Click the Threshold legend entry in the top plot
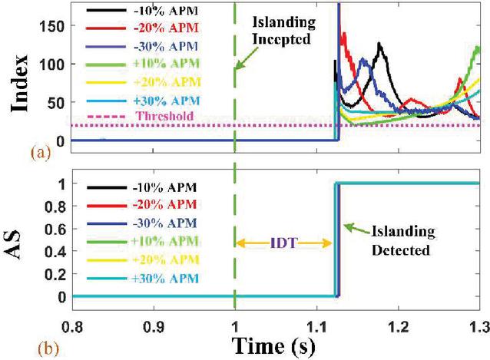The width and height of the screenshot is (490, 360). point(140,116)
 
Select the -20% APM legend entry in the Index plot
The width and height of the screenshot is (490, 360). point(143,28)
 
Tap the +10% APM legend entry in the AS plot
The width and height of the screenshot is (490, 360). point(143,242)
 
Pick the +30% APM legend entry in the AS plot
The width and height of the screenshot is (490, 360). point(143,278)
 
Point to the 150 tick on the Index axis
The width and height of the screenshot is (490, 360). point(52,26)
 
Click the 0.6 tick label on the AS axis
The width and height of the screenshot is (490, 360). point(55,230)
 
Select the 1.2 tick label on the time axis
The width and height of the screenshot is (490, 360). point(399,326)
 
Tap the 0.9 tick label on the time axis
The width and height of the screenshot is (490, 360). point(154,326)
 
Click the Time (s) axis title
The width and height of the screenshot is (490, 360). point(273,346)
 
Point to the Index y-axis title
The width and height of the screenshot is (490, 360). point(19,84)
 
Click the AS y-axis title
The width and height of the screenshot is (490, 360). point(13,245)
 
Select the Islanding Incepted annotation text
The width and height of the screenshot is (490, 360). point(283,31)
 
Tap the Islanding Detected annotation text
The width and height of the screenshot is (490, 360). point(402,241)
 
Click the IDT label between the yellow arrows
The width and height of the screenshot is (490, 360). point(283,243)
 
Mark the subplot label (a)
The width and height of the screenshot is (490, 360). point(41,153)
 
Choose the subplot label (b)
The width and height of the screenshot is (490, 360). point(48,349)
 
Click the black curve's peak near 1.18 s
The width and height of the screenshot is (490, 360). point(379,43)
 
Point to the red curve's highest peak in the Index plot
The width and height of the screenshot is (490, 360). point(344,33)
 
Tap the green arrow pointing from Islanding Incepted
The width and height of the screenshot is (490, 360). point(247,58)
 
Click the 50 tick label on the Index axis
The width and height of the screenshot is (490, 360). point(57,103)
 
